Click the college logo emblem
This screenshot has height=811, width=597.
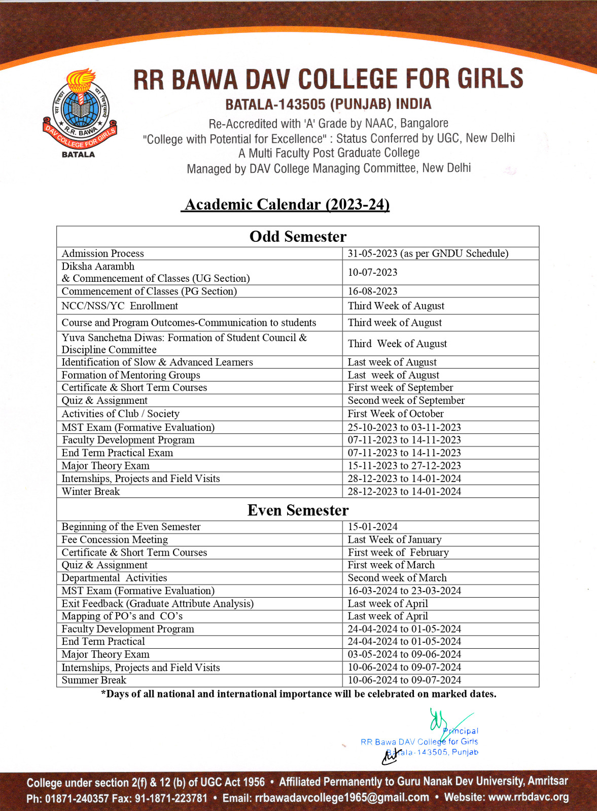[x=79, y=113]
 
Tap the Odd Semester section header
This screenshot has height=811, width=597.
[x=298, y=237]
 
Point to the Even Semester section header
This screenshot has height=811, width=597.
[x=298, y=510]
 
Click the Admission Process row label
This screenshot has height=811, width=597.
[x=103, y=253]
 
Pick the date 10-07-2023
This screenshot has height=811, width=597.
[x=372, y=272]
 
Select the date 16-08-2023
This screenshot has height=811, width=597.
[x=372, y=291]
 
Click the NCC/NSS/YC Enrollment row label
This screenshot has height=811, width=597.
[x=120, y=306]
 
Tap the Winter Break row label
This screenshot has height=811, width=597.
[x=91, y=491]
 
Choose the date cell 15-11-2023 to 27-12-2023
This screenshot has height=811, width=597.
[x=404, y=465]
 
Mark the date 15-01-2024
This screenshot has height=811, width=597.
[x=372, y=527]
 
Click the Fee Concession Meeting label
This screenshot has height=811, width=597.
[x=115, y=539]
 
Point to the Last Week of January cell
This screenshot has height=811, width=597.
[x=395, y=539]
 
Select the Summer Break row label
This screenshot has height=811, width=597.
[x=94, y=680]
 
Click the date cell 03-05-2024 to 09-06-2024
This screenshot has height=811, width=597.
[x=404, y=654]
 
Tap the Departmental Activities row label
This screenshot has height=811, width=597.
[x=114, y=578]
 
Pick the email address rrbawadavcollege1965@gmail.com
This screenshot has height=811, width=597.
[x=342, y=797]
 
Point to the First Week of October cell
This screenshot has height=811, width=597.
[x=396, y=414]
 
